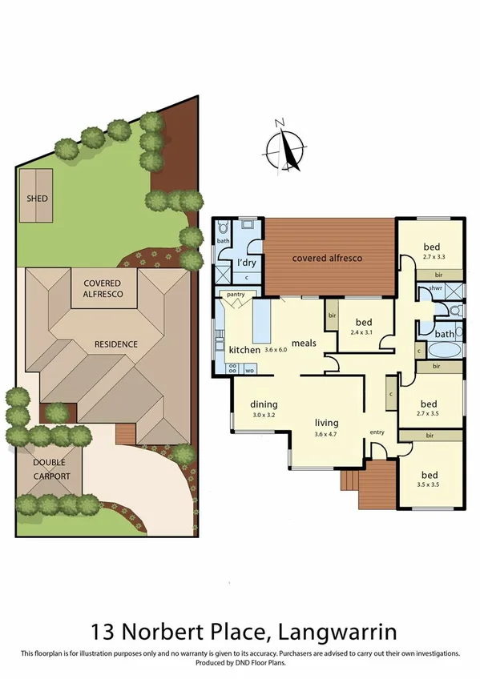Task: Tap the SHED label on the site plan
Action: pyautogui.click(x=36, y=198)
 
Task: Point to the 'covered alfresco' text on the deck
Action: pyautogui.click(x=327, y=258)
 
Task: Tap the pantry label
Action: pyautogui.click(x=235, y=295)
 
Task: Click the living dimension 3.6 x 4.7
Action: pyautogui.click(x=325, y=435)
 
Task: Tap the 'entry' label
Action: pyautogui.click(x=377, y=432)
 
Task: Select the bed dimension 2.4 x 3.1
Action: pyautogui.click(x=362, y=331)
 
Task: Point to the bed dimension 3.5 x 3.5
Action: pyautogui.click(x=431, y=485)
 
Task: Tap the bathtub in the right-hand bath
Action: pyautogui.click(x=444, y=349)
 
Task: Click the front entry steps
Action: pyautogui.click(x=349, y=480)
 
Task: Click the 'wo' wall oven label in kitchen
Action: pyautogui.click(x=248, y=369)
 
